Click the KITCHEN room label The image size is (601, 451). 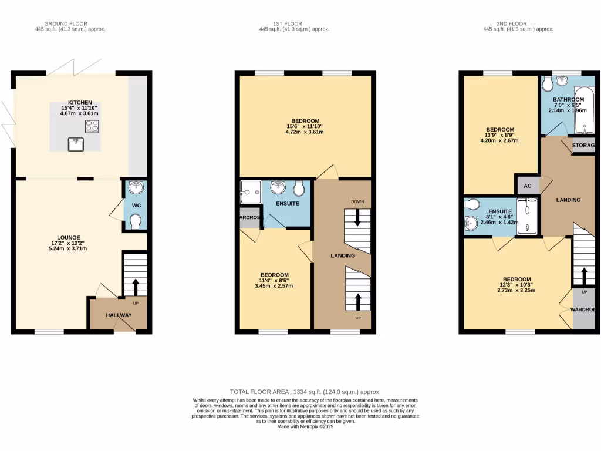coord(79,102)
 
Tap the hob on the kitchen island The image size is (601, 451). coord(92,126)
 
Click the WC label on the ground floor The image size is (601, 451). coord(136,206)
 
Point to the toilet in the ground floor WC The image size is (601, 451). coord(136,221)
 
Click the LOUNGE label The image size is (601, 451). coord(68,238)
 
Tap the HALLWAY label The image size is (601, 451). coord(119,315)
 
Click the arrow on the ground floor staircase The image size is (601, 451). coord(136,286)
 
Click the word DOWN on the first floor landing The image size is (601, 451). coord(358,201)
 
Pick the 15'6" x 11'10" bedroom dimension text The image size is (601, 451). coord(304,126)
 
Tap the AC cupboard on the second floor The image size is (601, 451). coord(527,186)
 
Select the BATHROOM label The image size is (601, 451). coord(568,100)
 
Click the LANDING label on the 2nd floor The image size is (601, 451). coord(568,200)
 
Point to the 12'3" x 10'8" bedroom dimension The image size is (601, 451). coord(517,285)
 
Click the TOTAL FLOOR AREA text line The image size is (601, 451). coord(305,392)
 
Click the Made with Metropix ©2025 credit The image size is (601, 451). coord(305,427)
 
